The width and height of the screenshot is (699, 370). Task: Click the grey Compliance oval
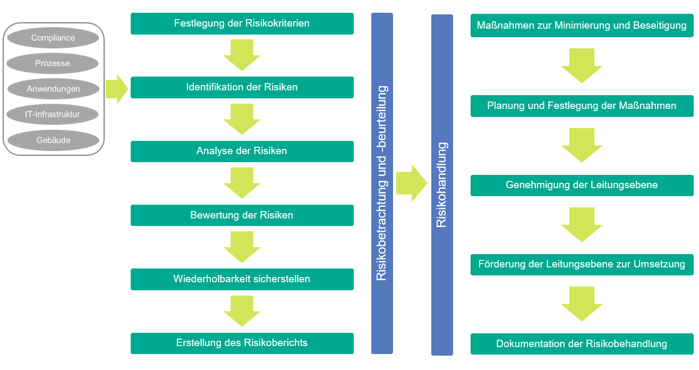53,38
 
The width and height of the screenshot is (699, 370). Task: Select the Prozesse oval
53,63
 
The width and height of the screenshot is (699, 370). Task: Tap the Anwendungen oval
53,89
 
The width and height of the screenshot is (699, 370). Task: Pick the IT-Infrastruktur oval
53,114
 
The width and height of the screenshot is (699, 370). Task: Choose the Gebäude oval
53,140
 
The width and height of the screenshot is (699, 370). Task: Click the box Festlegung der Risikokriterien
242,23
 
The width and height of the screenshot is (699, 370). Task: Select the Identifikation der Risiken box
242,87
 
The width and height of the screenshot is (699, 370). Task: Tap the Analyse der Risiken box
242,151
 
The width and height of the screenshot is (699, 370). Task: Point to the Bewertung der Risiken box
242,215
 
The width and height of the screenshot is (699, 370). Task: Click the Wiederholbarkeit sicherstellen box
242,279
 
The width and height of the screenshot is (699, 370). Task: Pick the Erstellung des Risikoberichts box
242,343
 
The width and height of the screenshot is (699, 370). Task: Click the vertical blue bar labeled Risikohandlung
442,184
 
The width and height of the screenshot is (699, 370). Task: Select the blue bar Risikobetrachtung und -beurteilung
382,183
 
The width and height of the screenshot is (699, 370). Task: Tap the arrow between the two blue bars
411,183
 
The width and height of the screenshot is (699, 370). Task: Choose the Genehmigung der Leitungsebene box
582,185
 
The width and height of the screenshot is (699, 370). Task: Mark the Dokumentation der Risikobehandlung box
582,344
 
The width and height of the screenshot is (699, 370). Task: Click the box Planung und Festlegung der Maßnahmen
582,106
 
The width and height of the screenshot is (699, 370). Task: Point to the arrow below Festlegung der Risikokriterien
242,55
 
